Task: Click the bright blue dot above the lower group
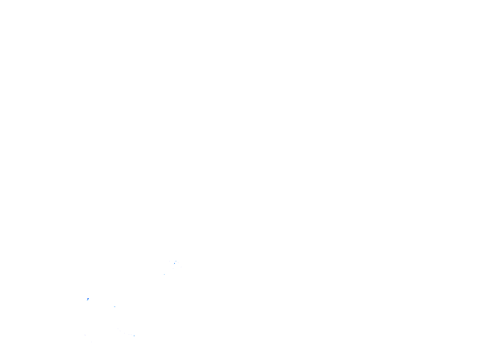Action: point(87,299)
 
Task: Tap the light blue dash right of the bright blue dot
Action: point(115,306)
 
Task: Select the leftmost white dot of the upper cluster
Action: point(169,261)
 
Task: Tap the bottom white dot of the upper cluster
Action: point(173,268)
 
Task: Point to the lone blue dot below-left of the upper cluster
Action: point(164,274)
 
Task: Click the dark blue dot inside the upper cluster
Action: point(174,263)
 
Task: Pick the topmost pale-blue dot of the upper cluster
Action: point(176,261)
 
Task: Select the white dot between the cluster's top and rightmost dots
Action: point(178,262)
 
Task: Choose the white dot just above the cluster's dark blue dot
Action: point(174,262)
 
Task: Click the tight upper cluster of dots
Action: point(175,263)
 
